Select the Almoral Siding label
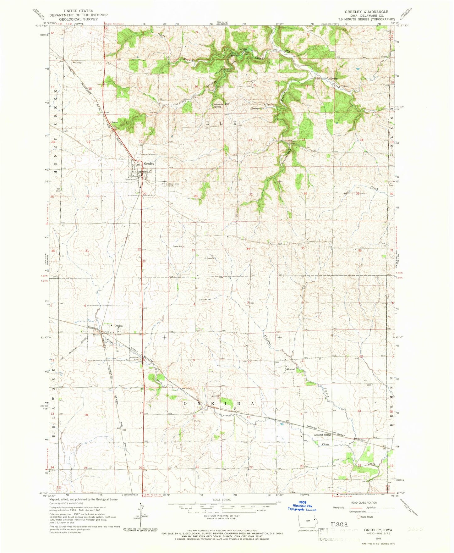322,435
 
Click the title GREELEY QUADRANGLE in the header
366,12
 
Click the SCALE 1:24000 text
222,500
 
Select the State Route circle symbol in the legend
358,517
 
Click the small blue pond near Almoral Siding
282,424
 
